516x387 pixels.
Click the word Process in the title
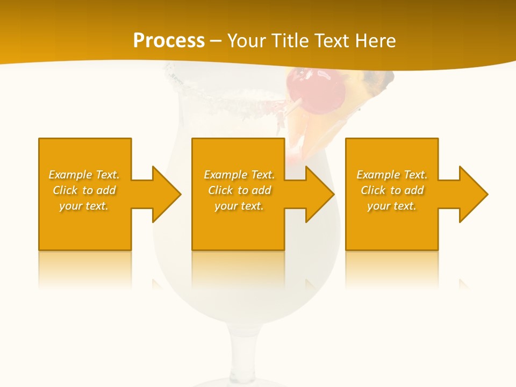pos(169,41)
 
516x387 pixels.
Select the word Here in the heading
pos(374,41)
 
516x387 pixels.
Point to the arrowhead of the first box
pos(167,194)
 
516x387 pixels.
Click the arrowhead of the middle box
pos(320,194)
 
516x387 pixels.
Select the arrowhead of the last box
pos(474,194)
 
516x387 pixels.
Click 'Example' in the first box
pos(70,175)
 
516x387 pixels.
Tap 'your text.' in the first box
pos(84,206)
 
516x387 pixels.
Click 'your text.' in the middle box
pos(239,206)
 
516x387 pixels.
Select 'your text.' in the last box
pos(392,206)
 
